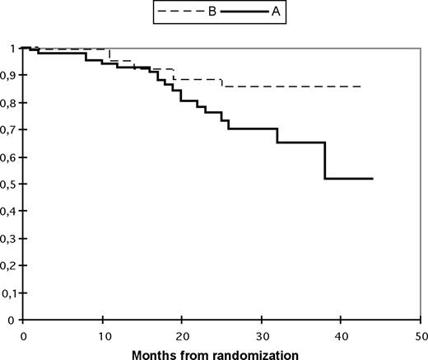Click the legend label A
pyautogui.click(x=263, y=13)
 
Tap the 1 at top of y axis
pyautogui.click(x=13, y=49)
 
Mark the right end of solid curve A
pyautogui.click(x=373, y=178)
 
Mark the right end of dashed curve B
pyautogui.click(x=361, y=86)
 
